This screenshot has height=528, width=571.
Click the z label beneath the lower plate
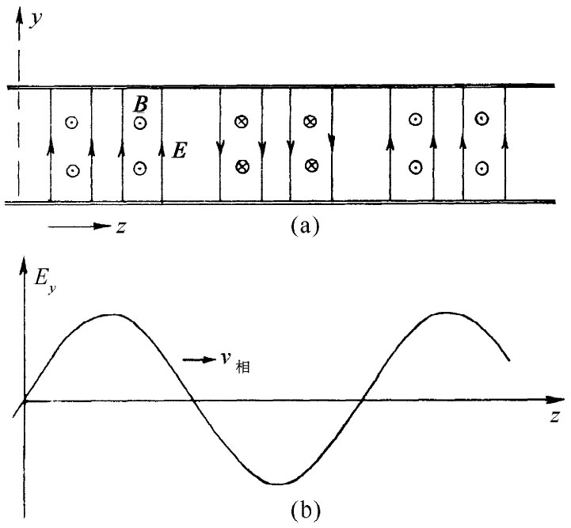(x=120, y=227)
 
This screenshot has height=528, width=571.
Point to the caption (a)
(x=305, y=226)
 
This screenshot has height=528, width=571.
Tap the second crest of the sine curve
(x=447, y=313)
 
